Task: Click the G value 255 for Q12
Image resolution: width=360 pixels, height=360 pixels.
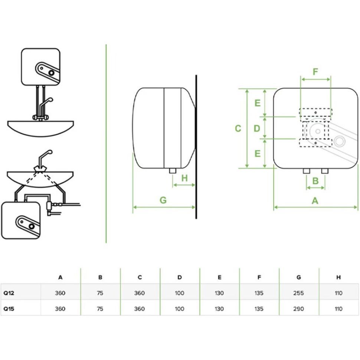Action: coord(298,293)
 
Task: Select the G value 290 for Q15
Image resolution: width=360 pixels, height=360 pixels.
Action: coord(298,309)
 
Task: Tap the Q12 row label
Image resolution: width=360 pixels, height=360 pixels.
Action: coord(9,293)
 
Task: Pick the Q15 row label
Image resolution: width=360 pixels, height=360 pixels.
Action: coord(9,309)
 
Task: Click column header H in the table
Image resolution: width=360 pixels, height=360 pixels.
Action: coord(338,277)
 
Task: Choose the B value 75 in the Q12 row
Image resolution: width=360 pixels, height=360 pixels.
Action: coord(100,293)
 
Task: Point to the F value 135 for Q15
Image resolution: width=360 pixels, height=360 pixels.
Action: coord(259,309)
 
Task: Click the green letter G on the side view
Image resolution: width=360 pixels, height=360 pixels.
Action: coord(163,200)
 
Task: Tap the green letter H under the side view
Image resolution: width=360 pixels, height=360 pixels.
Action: coord(184,178)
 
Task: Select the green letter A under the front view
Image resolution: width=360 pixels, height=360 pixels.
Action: coord(315,201)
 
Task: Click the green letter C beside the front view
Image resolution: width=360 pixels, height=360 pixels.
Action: coord(238,128)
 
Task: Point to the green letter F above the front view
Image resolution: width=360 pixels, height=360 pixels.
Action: coord(315,72)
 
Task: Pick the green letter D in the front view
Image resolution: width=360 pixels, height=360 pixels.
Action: coord(257,128)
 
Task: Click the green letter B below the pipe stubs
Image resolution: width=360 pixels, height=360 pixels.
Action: coord(315,181)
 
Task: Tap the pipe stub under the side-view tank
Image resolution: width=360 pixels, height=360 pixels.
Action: coord(172,170)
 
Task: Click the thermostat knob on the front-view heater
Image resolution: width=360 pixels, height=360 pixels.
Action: coord(339,141)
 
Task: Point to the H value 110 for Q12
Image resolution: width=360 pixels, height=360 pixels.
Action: coord(338,293)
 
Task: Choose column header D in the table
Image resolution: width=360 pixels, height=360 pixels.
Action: coord(180,277)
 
